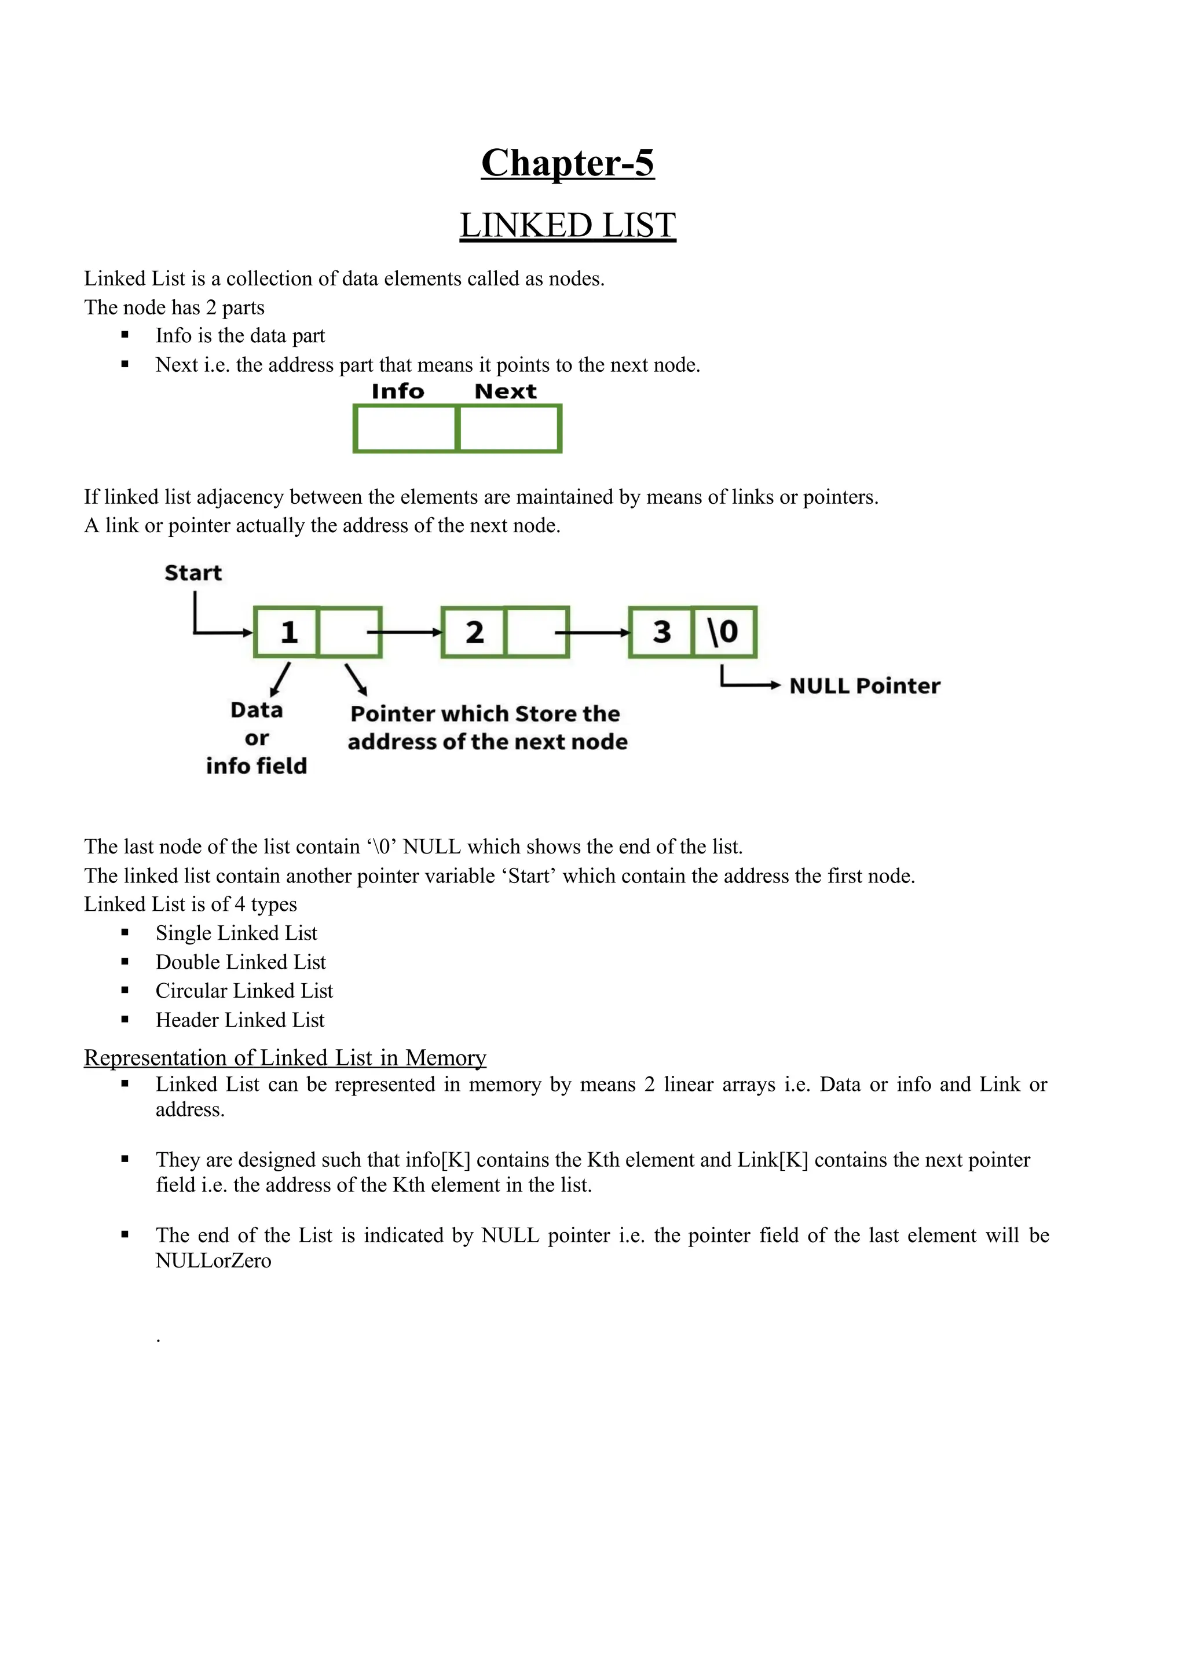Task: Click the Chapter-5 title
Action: (567, 162)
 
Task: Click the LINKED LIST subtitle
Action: (567, 225)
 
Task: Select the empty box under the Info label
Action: (405, 429)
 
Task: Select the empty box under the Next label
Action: (510, 429)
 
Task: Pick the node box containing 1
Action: (287, 632)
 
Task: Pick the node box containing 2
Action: (474, 632)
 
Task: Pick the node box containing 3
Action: (661, 632)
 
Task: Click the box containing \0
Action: (723, 632)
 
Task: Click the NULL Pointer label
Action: (865, 686)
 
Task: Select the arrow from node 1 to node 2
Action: (411, 632)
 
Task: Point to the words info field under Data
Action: (256, 765)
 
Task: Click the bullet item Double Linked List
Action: (240, 962)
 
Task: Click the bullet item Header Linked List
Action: (240, 1020)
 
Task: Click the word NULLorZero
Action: (213, 1261)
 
